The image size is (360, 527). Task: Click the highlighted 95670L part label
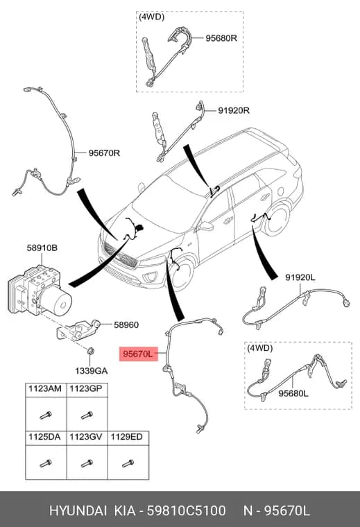139,354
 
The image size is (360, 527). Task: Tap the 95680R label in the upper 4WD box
221,38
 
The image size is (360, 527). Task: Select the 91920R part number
234,110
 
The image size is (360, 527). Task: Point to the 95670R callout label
104,153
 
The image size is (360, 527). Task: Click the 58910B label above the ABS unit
42,248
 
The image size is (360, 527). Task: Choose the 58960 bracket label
126,325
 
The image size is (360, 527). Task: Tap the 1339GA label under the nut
91,371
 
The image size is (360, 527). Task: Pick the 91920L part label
300,277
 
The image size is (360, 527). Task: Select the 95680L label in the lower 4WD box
293,393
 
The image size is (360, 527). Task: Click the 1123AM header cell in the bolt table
46,390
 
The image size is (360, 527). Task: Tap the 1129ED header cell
128,438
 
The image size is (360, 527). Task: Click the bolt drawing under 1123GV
87,463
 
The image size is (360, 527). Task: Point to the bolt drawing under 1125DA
46,463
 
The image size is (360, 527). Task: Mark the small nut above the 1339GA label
90,351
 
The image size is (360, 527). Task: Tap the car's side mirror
206,226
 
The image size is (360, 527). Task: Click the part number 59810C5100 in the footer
186,511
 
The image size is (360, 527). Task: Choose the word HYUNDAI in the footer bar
78,511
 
